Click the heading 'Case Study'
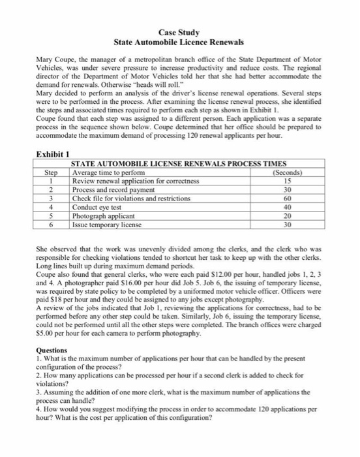tap(179, 32)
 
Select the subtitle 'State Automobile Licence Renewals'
tap(179, 42)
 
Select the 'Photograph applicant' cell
tap(104, 216)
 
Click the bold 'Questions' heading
tap(52, 350)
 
